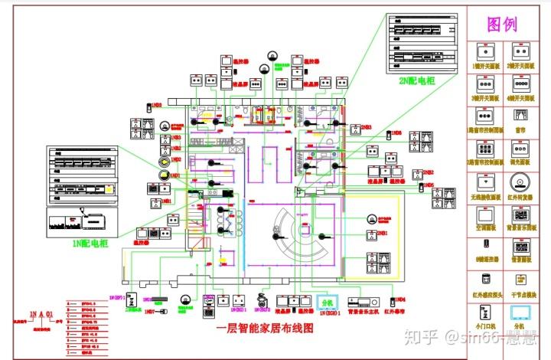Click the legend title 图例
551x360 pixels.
point(502,24)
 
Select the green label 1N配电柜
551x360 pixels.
point(90,243)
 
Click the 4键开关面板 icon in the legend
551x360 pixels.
point(521,83)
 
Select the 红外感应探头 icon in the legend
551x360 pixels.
point(484,281)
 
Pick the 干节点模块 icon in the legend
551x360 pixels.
point(521,281)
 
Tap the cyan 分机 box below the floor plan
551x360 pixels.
point(328,301)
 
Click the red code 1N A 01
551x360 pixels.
point(41,314)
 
